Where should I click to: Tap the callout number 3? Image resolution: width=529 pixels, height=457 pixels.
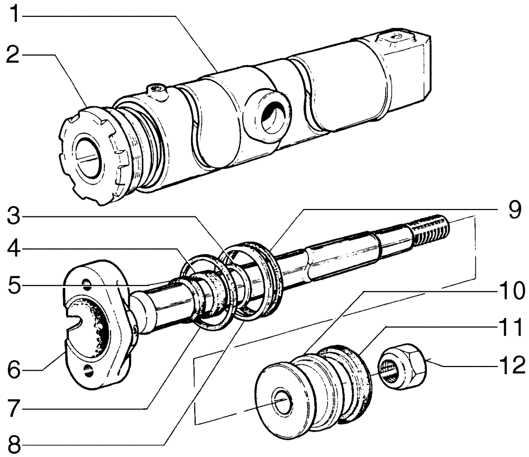tap(15, 217)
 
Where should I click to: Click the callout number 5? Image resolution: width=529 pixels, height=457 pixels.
tap(15, 286)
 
